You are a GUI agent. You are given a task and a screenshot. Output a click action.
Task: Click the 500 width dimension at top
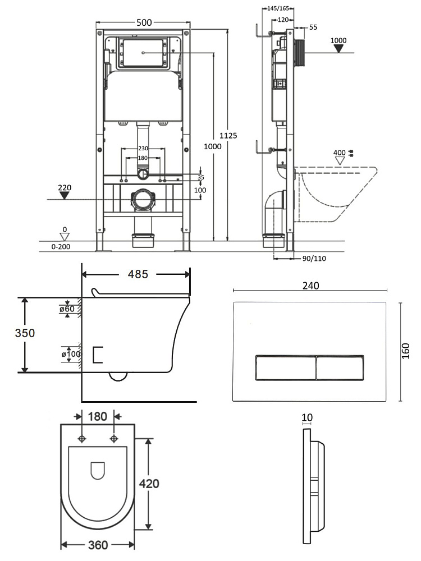144,22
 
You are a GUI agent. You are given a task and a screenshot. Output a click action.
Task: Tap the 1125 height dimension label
228,136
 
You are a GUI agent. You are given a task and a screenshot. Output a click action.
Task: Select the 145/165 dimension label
278,8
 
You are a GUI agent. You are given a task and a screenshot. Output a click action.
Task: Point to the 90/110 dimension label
314,258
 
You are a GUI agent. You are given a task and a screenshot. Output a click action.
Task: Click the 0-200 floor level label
61,246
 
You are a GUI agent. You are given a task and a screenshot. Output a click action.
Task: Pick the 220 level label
65,187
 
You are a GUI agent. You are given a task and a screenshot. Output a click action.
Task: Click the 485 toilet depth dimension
138,274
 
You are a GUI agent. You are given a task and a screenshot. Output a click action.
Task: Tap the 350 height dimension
25,333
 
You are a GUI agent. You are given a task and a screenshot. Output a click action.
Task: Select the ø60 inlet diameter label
67,309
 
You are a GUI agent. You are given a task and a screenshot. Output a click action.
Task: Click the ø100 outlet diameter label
71,354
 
